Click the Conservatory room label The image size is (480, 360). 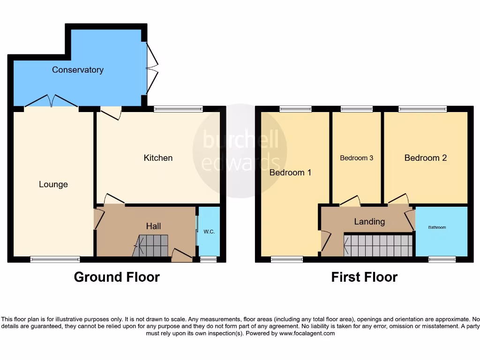pyautogui.click(x=78, y=70)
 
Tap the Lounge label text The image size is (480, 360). pyautogui.click(x=53, y=185)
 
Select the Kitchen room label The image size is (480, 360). pyautogui.click(x=158, y=158)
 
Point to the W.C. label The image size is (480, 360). pyautogui.click(x=209, y=232)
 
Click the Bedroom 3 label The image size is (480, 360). pyautogui.click(x=357, y=158)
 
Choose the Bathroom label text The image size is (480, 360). pyautogui.click(x=437, y=227)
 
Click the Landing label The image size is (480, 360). pyautogui.click(x=369, y=222)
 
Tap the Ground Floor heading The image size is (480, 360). pyautogui.click(x=117, y=277)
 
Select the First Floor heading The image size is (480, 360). pyautogui.click(x=364, y=277)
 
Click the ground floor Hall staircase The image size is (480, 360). pyautogui.click(x=151, y=246)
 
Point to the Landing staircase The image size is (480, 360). pyautogui.click(x=379, y=246)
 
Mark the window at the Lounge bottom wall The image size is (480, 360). pyautogui.click(x=55, y=259)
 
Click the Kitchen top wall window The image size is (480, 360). pyautogui.click(x=178, y=109)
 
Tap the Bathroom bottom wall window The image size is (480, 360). pyautogui.click(x=442, y=259)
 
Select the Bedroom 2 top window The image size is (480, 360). pyautogui.click(x=422, y=109)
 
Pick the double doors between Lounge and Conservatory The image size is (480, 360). pyautogui.click(x=52, y=101)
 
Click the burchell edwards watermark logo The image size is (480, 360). pyautogui.click(x=240, y=150)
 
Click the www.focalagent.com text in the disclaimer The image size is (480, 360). pyautogui.click(x=307, y=334)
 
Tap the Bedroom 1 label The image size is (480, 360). pyautogui.click(x=291, y=172)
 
